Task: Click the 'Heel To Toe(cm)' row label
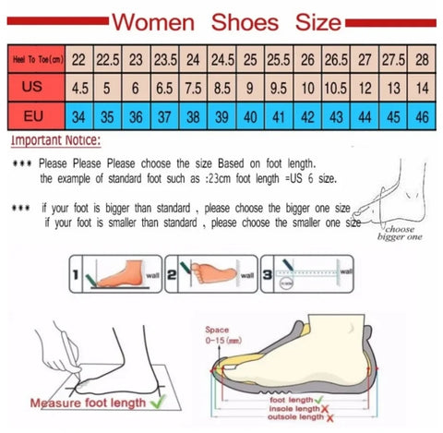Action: click(x=34, y=59)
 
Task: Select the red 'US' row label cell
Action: click(x=34, y=88)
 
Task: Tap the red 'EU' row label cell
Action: click(x=34, y=118)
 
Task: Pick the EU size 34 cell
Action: click(x=79, y=118)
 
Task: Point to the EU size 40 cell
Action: click(x=248, y=118)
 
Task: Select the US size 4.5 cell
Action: click(x=79, y=89)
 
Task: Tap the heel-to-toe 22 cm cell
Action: click(x=79, y=59)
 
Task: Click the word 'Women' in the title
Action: click(x=161, y=19)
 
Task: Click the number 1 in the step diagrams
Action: click(x=75, y=273)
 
